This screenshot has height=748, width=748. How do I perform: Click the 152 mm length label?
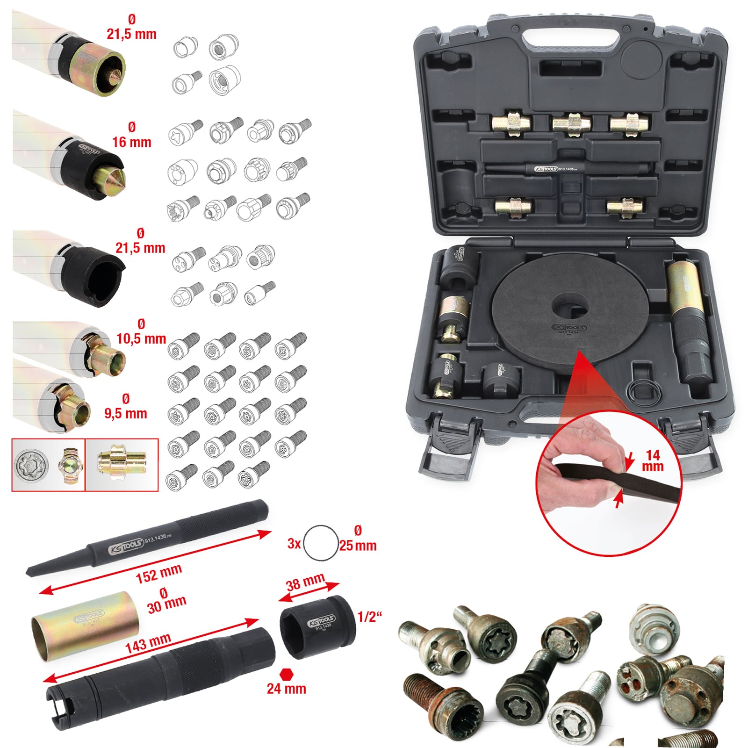158,574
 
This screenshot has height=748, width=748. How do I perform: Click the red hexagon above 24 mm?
286,674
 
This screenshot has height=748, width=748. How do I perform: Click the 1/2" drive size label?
369,617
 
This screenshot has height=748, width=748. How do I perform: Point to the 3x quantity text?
294,544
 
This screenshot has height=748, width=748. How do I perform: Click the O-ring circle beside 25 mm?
321,542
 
